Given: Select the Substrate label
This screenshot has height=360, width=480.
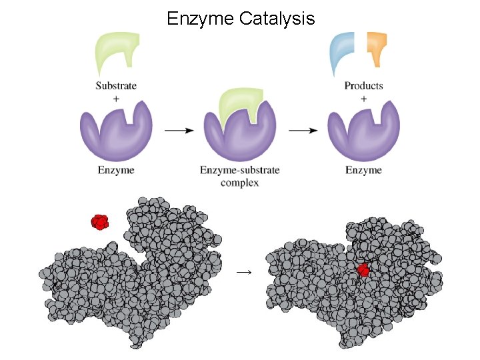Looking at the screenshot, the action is (116, 85).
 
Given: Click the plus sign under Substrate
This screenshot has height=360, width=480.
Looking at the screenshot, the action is (116, 97).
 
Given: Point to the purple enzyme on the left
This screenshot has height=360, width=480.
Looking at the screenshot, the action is (115, 133).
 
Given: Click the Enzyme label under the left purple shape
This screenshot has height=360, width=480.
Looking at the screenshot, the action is (116, 170).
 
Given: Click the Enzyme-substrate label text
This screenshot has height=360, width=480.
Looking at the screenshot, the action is (239, 170).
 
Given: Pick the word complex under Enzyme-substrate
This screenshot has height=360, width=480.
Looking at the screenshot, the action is (239, 182).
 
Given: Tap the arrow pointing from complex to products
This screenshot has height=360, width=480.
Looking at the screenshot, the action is (303, 131).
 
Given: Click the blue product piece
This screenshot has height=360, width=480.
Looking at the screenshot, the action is (344, 49).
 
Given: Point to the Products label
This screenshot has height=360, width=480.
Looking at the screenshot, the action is (363, 85).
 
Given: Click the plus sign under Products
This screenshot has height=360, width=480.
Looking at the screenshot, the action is (363, 97).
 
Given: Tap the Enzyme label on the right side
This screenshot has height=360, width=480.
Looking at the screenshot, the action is (363, 170).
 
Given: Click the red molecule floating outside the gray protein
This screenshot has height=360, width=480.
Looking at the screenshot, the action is (100, 221).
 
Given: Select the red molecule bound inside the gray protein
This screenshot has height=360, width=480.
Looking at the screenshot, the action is (363, 270).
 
